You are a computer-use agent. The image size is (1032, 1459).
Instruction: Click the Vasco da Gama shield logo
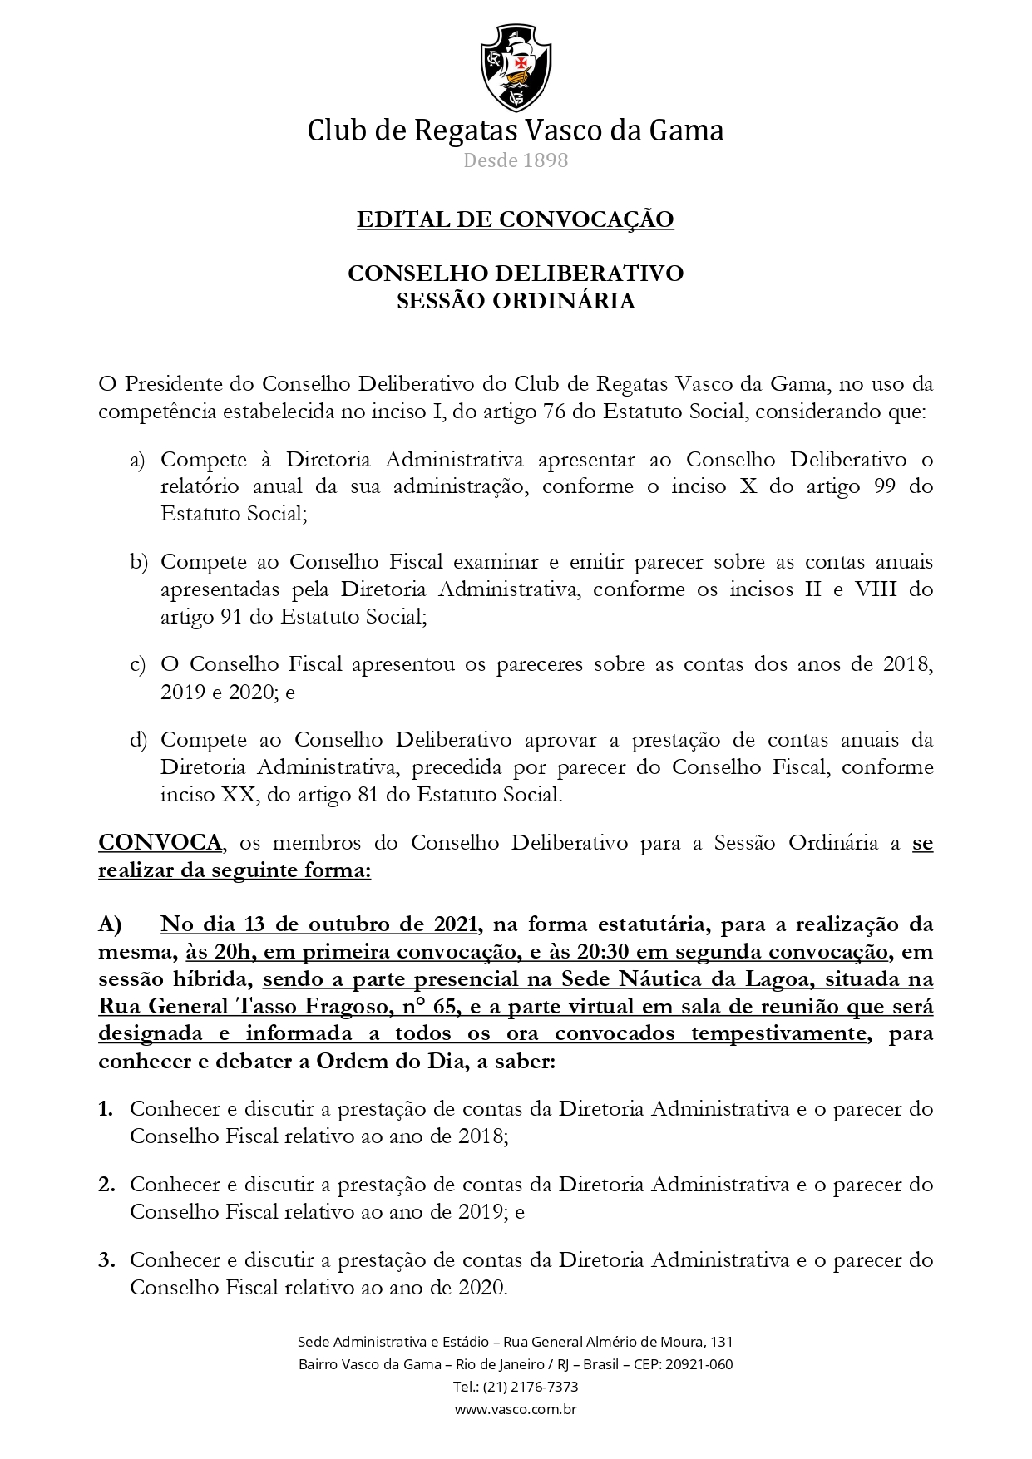pyautogui.click(x=516, y=67)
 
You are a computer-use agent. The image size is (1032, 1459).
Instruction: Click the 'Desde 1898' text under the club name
pyautogui.click(x=516, y=160)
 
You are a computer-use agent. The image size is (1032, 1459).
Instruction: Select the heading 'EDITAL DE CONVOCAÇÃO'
pyautogui.click(x=516, y=219)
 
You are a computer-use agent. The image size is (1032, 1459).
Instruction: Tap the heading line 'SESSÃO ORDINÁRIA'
pyautogui.click(x=516, y=301)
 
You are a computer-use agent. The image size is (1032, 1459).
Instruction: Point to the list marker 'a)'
pyautogui.click(x=137, y=460)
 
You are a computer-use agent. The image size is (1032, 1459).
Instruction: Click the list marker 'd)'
pyautogui.click(x=138, y=740)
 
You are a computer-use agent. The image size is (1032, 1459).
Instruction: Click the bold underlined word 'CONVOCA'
pyautogui.click(x=160, y=843)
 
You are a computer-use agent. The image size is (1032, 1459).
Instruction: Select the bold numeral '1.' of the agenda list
pyautogui.click(x=106, y=1109)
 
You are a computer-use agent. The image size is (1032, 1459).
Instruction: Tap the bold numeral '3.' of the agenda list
pyautogui.click(x=106, y=1260)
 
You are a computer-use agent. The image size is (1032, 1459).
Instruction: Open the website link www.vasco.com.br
pyautogui.click(x=516, y=1409)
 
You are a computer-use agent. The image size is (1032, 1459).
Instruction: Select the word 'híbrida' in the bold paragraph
pyautogui.click(x=209, y=979)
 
